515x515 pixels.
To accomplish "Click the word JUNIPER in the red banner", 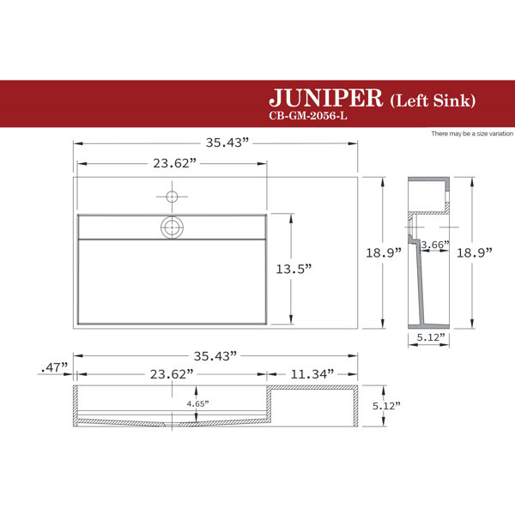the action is tap(325, 98).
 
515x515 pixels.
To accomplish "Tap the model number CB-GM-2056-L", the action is tap(308, 116).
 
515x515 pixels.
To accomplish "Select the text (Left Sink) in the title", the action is tap(433, 100).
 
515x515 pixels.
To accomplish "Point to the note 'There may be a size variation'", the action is tap(472, 134).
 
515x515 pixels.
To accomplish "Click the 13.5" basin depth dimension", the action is tap(294, 269).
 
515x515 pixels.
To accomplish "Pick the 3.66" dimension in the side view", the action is tap(435, 245).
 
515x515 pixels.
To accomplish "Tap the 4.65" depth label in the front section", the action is tap(197, 403).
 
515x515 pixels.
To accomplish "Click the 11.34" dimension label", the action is tap(312, 373).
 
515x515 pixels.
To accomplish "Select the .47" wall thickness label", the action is tap(54, 367).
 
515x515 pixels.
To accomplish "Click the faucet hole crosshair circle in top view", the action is tap(172, 197).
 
